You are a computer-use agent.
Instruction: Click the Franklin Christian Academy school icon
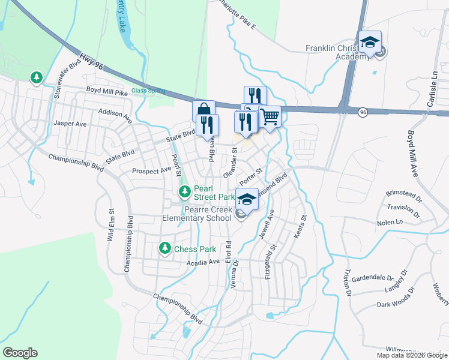(x=370, y=43)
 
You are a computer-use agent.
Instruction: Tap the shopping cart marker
(x=270, y=116)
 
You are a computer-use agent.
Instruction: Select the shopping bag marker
(x=203, y=111)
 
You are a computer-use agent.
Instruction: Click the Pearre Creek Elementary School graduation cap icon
(x=247, y=199)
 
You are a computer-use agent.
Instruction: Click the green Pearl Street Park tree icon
(x=185, y=192)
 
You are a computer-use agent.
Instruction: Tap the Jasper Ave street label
(x=70, y=123)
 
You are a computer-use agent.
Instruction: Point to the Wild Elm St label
(x=111, y=225)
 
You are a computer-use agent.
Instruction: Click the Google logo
(x=20, y=353)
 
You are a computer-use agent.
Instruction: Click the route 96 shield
(x=363, y=112)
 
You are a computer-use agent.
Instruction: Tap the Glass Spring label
(x=148, y=91)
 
